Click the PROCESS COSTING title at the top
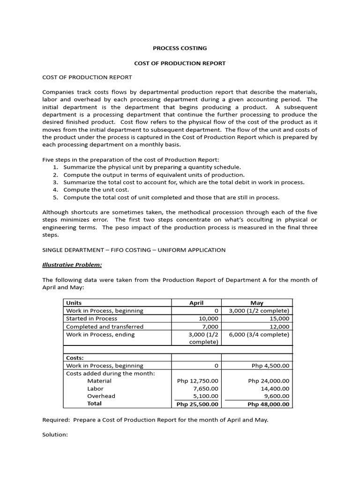(x=180, y=48)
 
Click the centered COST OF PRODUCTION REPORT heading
(x=180, y=63)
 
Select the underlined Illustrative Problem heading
(x=72, y=265)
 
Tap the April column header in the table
(x=196, y=303)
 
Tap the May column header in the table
(x=257, y=303)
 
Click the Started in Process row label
(x=91, y=318)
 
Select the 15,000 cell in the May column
(x=279, y=318)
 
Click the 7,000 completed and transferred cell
(x=210, y=326)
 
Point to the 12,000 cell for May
(x=279, y=326)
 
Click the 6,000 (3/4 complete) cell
(x=259, y=334)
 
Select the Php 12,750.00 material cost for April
(x=197, y=381)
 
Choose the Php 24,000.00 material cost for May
(x=269, y=381)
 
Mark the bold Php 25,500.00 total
(x=197, y=404)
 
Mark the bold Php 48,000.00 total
(x=268, y=404)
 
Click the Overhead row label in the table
(x=101, y=396)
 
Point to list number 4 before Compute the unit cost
(x=55, y=190)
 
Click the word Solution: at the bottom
(x=55, y=435)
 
